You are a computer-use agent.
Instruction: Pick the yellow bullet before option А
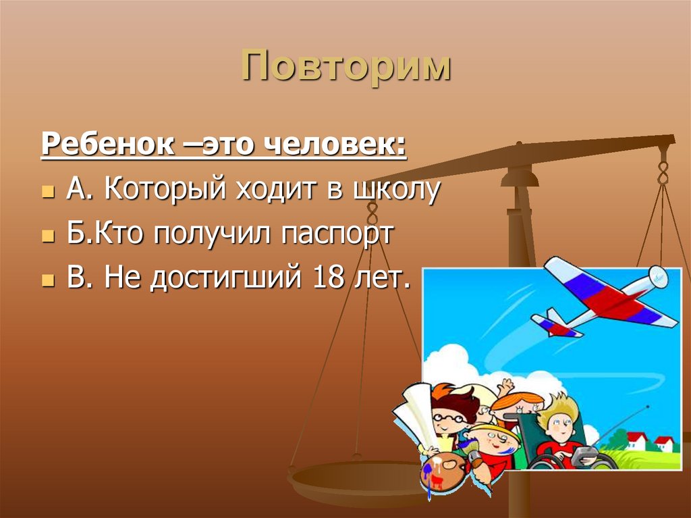47,192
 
